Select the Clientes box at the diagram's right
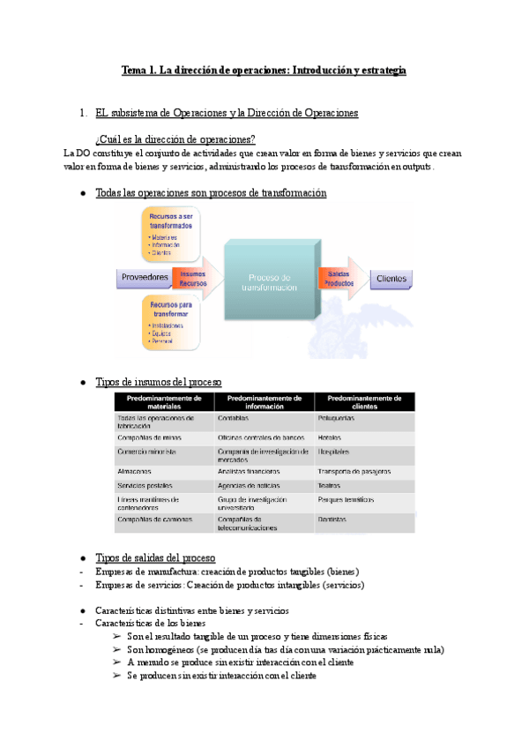391,280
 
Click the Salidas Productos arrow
341,280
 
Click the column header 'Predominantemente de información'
264,401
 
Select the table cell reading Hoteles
330,437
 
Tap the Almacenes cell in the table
135,472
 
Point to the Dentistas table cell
332,520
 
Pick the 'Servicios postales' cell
145,486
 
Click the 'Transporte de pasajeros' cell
355,472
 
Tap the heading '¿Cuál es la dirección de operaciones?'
175,138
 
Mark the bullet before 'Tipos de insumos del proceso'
82,382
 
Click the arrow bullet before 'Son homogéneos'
117,649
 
